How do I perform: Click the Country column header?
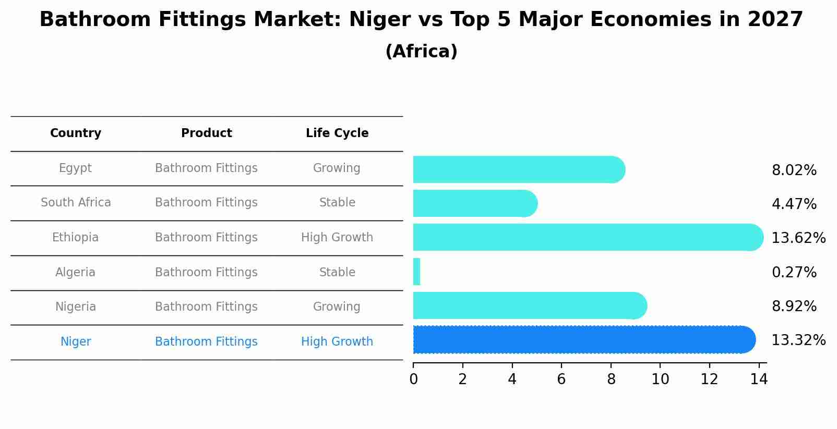(x=76, y=133)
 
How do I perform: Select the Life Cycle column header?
(x=337, y=133)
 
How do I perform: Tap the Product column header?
(x=207, y=133)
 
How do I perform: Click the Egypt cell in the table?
(x=75, y=168)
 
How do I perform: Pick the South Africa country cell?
(x=76, y=203)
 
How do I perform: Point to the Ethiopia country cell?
(x=75, y=238)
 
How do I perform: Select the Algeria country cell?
(x=75, y=273)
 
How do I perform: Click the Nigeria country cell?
(x=76, y=307)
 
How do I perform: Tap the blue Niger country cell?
(x=76, y=342)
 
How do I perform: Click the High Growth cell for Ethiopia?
(x=337, y=238)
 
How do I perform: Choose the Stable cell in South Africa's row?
(x=337, y=203)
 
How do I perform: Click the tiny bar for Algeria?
(x=416, y=272)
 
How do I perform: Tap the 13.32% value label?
(x=798, y=340)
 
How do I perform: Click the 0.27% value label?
(x=794, y=273)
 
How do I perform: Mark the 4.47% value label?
(x=794, y=204)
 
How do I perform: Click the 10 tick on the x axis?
(x=660, y=379)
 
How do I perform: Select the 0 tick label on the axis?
(x=413, y=379)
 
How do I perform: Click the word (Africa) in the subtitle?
(x=421, y=52)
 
